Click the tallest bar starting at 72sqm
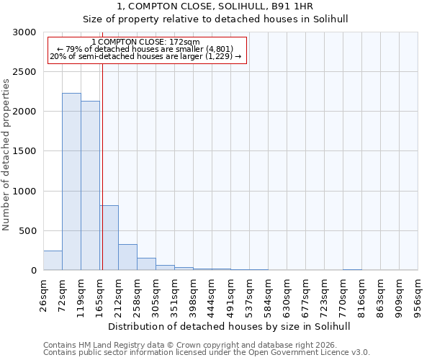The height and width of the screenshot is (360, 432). pyautogui.click(x=71, y=181)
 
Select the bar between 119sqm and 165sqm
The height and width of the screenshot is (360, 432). pyautogui.click(x=90, y=186)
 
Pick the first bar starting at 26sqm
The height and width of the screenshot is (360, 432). pyautogui.click(x=53, y=261)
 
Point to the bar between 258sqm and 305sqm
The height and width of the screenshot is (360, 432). pyautogui.click(x=146, y=264)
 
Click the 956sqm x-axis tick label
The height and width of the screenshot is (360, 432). pyautogui.click(x=418, y=293)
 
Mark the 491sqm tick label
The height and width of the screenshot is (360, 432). pyautogui.click(x=230, y=293)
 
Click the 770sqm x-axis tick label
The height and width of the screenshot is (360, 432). pyautogui.click(x=343, y=293)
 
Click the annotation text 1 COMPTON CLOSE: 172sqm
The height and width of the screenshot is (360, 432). pyautogui.click(x=146, y=42)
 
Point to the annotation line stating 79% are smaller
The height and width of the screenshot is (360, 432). pyautogui.click(x=146, y=49)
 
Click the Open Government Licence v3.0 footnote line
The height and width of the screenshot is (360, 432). pyautogui.click(x=207, y=353)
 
